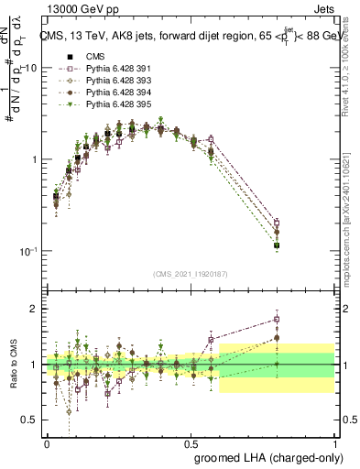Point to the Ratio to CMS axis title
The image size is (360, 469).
tap(12, 376)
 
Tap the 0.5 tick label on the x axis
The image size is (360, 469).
tap(191, 442)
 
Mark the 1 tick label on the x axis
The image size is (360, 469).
tap(334, 442)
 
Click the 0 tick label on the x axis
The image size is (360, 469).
tap(47, 442)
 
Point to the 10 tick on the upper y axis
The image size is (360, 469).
tap(30, 68)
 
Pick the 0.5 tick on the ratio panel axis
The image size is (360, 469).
tap(30, 420)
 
